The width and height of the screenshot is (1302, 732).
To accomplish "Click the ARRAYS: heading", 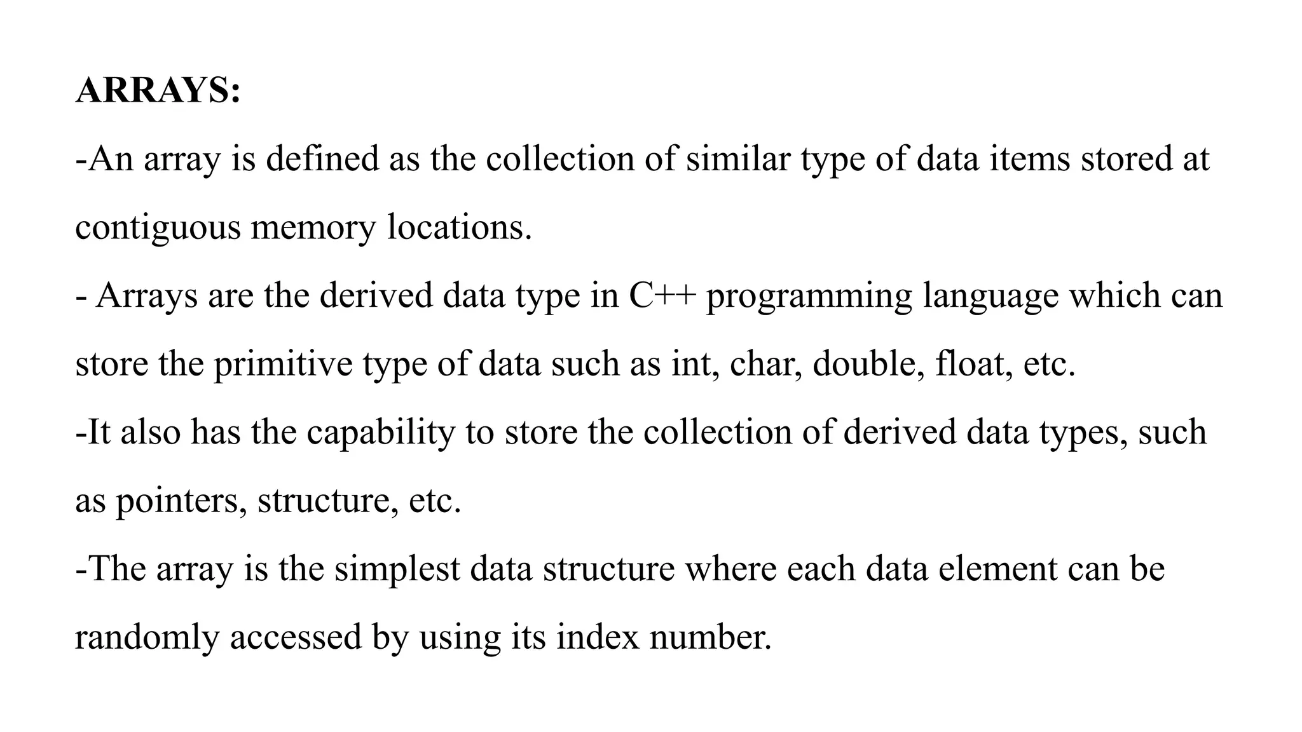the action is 158,90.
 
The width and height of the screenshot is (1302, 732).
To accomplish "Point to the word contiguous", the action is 158,227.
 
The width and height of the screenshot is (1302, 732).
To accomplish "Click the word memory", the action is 313,227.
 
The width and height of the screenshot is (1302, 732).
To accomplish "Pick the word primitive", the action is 283,365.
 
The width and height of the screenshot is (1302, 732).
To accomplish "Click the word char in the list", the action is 765,364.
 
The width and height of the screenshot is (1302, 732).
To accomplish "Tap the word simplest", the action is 397,569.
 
